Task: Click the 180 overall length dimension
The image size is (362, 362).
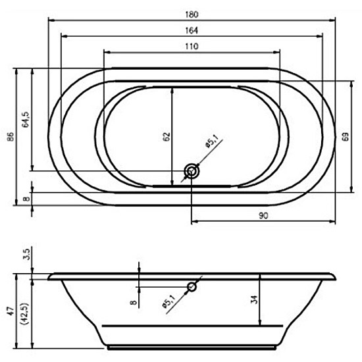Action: [x=192, y=14]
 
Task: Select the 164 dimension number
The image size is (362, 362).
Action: [x=192, y=30]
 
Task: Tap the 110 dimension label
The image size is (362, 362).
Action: [x=192, y=47]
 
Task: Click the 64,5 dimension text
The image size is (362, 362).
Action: [x=26, y=120]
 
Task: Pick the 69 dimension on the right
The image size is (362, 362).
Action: [x=346, y=137]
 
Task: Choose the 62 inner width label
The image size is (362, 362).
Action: [x=167, y=137]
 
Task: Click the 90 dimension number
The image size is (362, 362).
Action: [x=263, y=216]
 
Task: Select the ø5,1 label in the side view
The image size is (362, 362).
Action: [x=168, y=301]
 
